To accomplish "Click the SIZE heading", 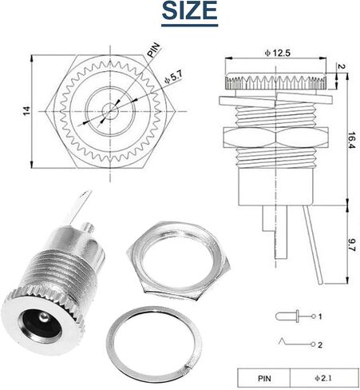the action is click(189, 10).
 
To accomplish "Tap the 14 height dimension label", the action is click(27, 111).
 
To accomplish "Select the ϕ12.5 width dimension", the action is click(277, 53).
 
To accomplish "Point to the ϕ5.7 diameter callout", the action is click(174, 78).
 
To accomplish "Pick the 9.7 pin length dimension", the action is click(351, 245).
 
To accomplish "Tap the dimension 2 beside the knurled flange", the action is click(342, 66).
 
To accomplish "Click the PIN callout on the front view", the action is click(154, 50).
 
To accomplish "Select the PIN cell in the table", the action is click(264, 378).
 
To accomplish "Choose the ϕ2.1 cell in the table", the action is click(323, 378).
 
